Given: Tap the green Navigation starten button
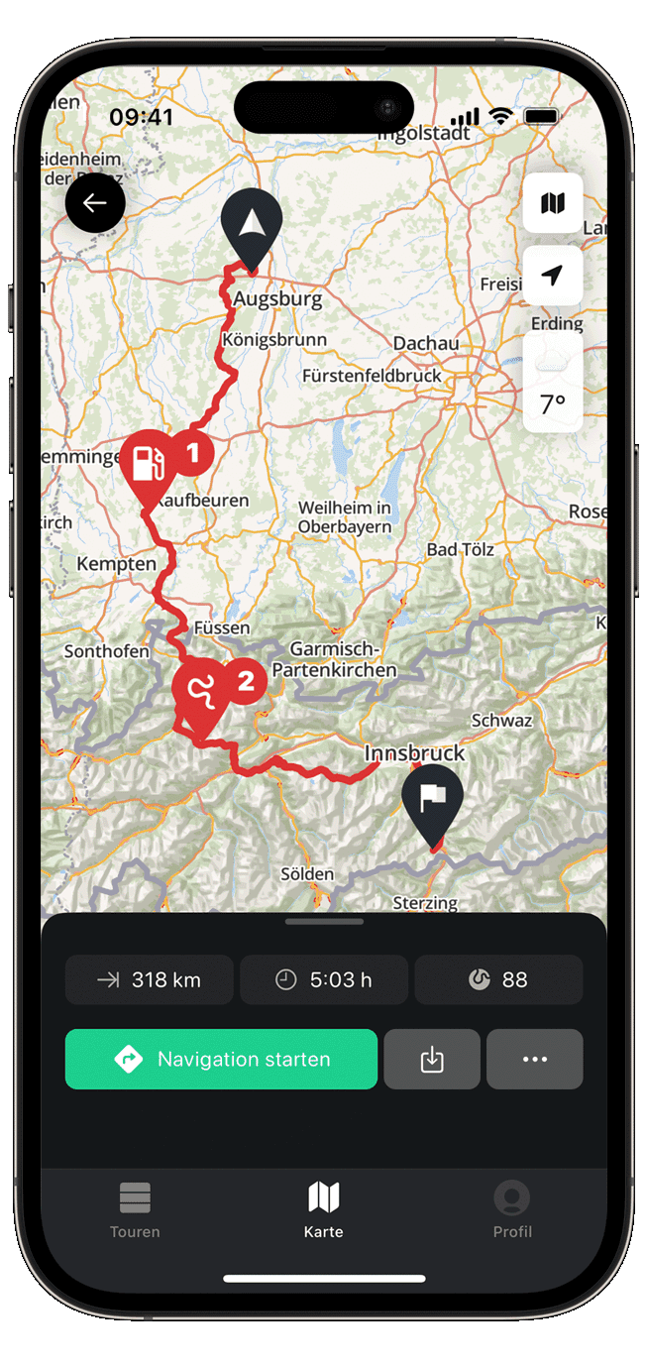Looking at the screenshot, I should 221,1059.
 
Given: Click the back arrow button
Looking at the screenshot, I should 95,203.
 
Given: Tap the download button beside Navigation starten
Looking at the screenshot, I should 432,1059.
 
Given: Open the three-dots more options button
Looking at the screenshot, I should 535,1059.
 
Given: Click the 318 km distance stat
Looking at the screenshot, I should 150,979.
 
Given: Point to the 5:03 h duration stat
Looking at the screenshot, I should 324,979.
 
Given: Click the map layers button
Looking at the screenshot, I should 553,203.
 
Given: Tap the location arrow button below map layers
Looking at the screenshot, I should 553,275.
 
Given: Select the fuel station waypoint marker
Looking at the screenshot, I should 149,462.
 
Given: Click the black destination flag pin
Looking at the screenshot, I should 432,798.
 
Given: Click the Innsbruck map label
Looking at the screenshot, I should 414,752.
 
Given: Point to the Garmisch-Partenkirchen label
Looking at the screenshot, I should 334,659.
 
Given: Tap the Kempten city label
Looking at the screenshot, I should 117,564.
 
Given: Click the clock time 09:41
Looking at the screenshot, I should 142,117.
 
